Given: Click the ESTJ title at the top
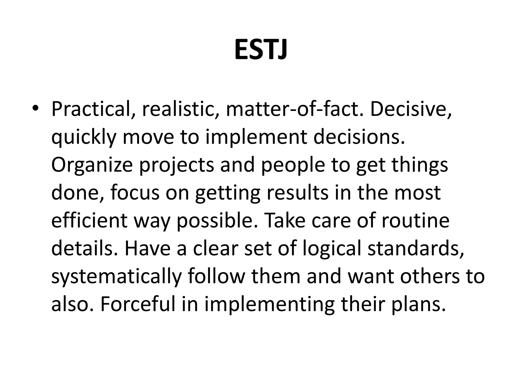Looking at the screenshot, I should click(261, 50).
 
